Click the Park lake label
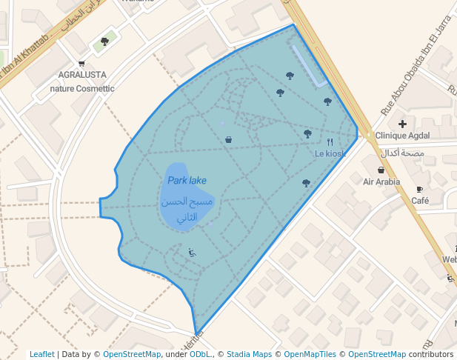coord(187,180)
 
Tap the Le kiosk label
coord(330,153)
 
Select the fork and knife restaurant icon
coord(330,142)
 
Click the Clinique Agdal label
coord(402,136)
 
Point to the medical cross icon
coord(402,124)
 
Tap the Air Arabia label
coord(381,181)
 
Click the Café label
coord(420,201)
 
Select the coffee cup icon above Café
coord(420,190)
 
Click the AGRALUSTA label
coord(81,75)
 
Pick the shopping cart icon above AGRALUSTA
coord(81,64)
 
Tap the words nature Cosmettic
coord(81,88)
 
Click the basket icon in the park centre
coord(228,139)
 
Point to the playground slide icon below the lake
coord(193,253)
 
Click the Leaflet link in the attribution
coord(42,354)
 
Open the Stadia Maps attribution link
coord(249,354)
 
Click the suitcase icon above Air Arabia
coord(381,170)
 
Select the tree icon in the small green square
coord(104,41)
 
